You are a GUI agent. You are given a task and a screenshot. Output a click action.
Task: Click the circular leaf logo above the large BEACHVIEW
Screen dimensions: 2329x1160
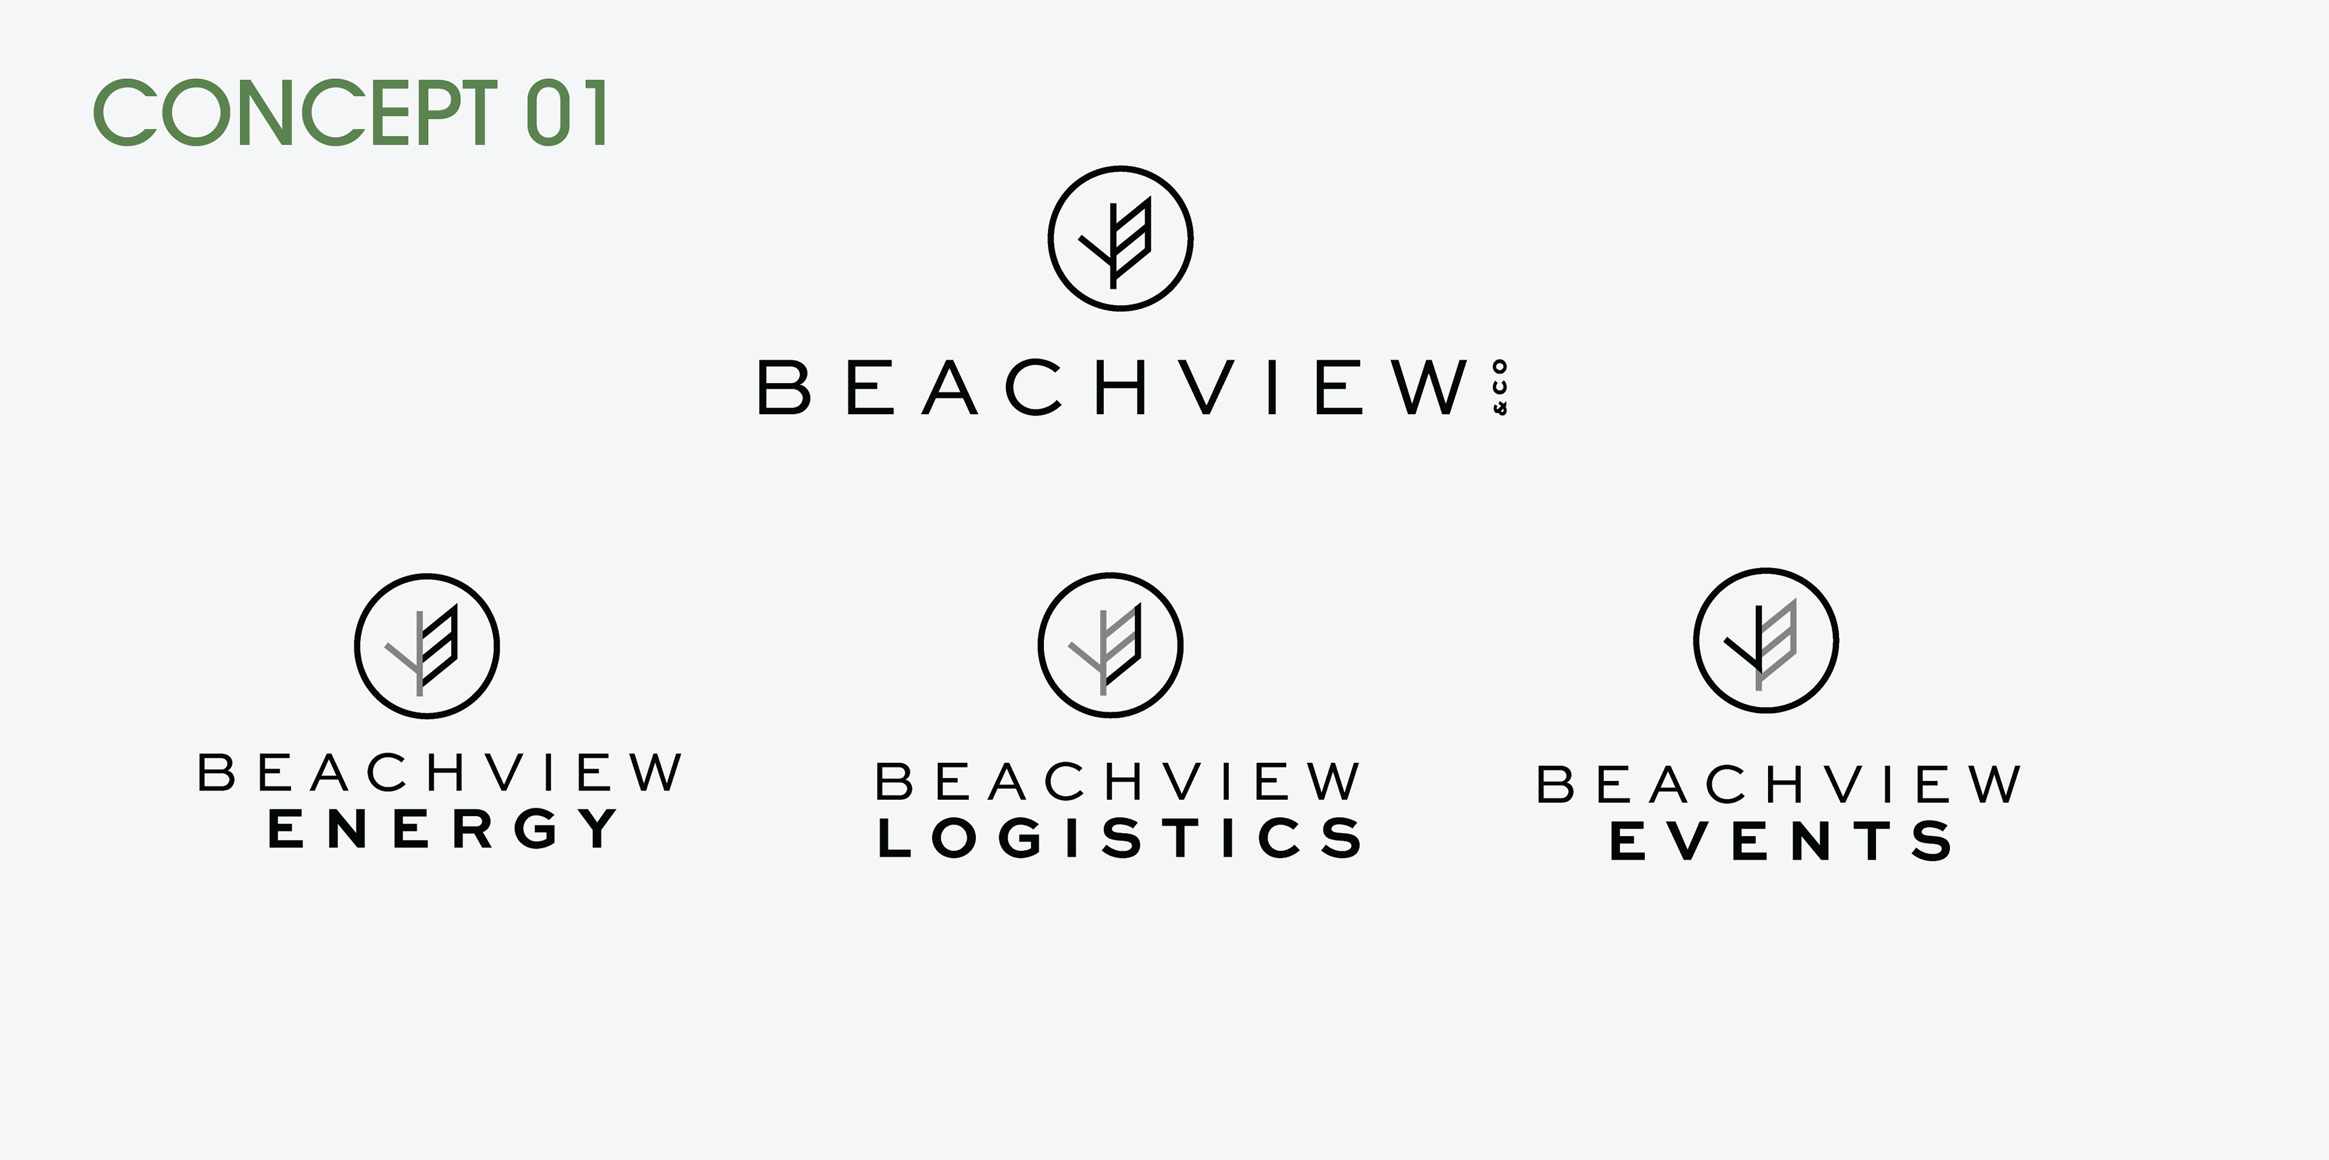(1120, 240)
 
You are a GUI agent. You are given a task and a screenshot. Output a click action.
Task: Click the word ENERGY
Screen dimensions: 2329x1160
(443, 829)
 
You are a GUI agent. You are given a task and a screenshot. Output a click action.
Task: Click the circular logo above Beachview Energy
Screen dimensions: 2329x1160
(427, 646)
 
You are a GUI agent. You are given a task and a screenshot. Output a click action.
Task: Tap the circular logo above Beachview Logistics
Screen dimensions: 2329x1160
(1111, 645)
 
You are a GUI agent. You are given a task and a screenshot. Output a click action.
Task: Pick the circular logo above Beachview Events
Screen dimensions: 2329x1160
(1766, 641)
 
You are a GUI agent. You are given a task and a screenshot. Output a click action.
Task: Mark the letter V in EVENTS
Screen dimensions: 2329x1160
(1693, 842)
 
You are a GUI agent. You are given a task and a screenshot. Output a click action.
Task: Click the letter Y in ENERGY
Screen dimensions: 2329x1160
(599, 829)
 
